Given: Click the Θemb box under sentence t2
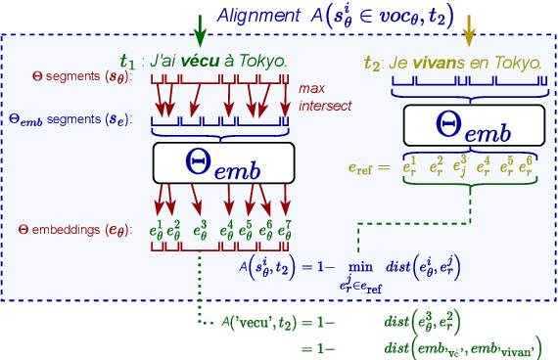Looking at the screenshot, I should pyautogui.click(x=475, y=124).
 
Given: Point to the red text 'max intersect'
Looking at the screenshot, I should pyautogui.click(x=326, y=97).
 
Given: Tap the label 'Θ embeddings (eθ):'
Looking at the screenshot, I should pyautogui.click(x=74, y=230).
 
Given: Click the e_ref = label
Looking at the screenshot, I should pyautogui.click(x=368, y=168).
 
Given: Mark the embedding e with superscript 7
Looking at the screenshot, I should pyautogui.click(x=285, y=231).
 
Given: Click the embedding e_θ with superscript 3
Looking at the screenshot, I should pyautogui.click(x=200, y=231).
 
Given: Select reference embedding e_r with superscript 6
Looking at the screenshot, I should pyautogui.click(x=529, y=167).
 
